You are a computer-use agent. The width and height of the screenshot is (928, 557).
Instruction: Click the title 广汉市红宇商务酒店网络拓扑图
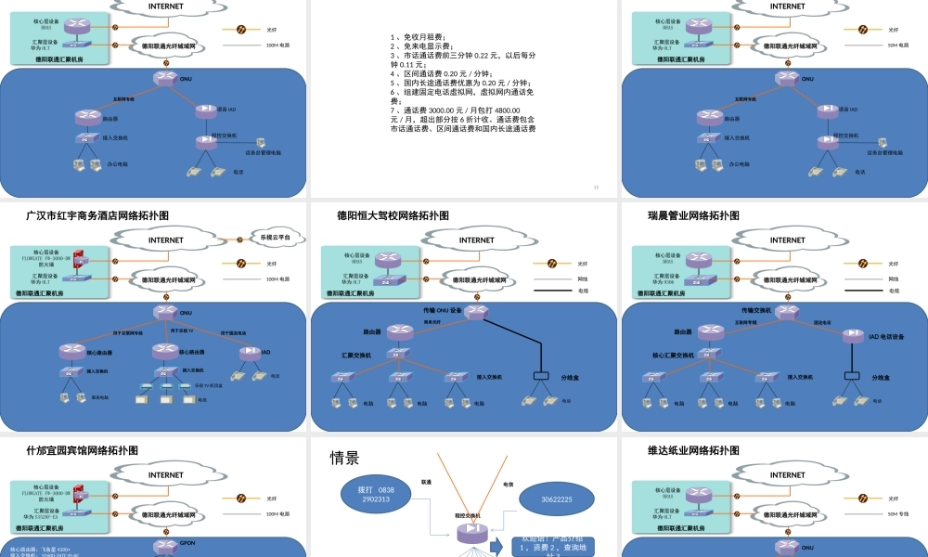(x=97, y=215)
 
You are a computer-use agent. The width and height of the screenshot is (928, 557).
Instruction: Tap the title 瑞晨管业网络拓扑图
(x=693, y=215)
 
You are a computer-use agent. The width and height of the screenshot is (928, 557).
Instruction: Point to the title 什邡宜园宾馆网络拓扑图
(x=83, y=450)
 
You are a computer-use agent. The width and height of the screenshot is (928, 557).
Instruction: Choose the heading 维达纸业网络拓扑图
(x=693, y=450)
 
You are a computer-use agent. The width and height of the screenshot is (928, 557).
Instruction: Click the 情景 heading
(x=344, y=458)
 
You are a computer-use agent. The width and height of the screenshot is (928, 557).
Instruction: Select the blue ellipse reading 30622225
(x=557, y=499)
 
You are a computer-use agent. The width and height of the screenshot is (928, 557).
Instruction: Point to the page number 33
(x=596, y=188)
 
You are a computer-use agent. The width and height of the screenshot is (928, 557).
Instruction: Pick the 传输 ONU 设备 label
(x=442, y=310)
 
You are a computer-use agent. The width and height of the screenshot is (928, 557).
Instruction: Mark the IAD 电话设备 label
(x=886, y=337)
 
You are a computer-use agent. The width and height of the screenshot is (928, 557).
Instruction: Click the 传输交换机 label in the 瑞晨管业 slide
(x=758, y=310)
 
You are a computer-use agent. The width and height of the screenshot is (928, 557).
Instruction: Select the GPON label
(x=187, y=542)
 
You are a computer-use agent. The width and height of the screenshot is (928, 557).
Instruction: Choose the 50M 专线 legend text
(x=901, y=512)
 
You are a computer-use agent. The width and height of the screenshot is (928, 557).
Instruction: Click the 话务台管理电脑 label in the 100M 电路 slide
(x=263, y=152)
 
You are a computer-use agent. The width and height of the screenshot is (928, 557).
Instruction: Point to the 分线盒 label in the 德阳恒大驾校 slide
(x=571, y=378)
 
